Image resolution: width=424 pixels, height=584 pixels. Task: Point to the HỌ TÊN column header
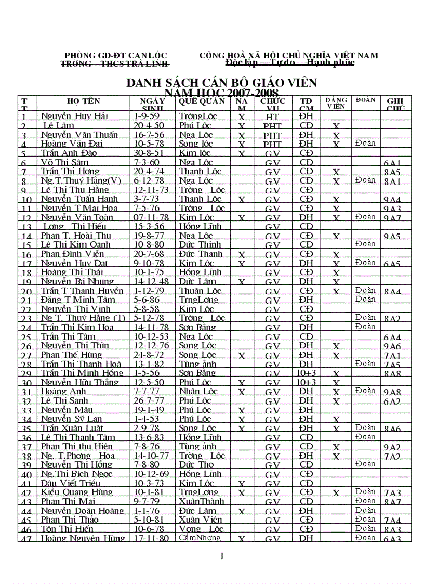[83, 101]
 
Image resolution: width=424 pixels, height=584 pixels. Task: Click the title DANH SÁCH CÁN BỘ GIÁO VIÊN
[222, 83]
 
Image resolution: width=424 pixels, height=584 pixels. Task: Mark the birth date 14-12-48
[152, 281]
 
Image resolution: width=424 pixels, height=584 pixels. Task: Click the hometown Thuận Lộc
[200, 291]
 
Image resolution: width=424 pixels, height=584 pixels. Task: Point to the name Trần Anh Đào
[69, 153]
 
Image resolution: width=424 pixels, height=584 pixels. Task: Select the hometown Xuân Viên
[201, 520]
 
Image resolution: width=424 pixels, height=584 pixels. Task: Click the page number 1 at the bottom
[222, 556]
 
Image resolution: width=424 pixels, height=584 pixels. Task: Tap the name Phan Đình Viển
[73, 254]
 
